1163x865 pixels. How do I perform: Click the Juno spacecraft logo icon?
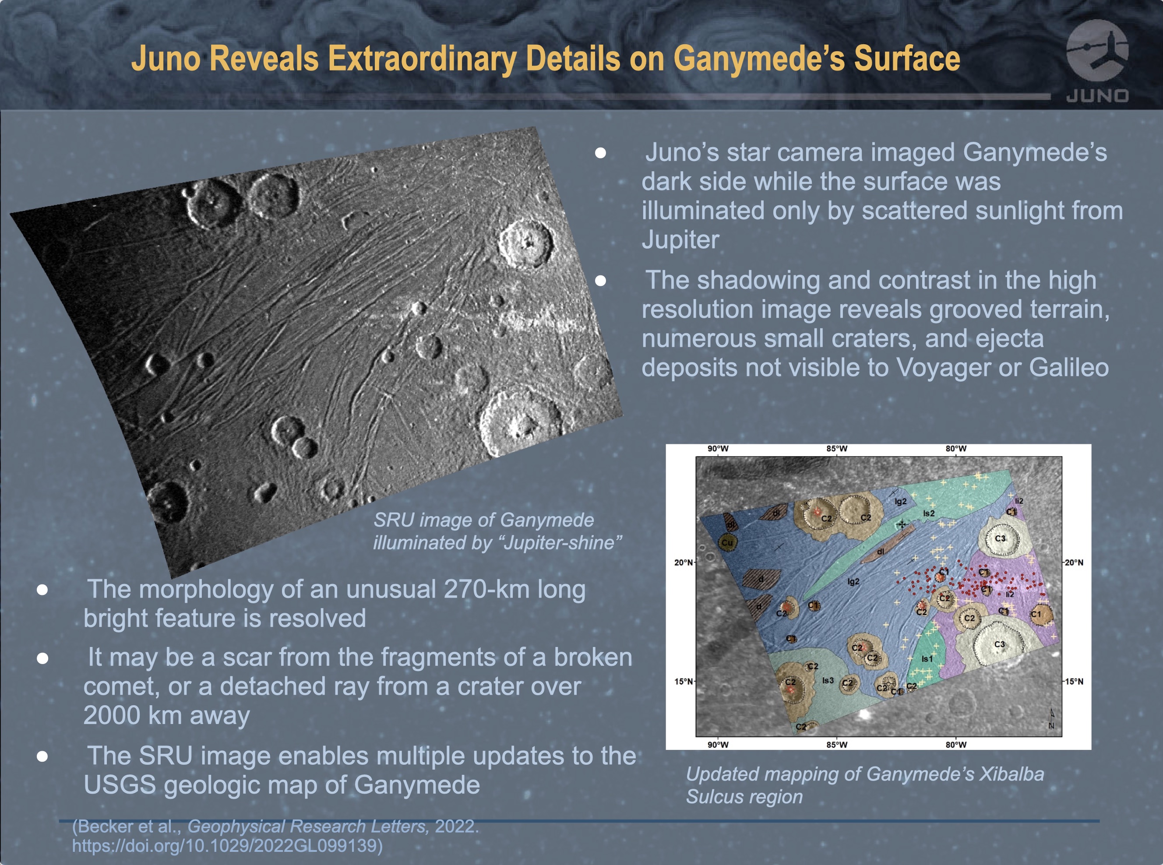1097,53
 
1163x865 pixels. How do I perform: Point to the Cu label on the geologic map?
727,542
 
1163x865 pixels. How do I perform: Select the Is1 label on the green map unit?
927,659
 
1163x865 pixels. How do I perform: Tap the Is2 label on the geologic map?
928,513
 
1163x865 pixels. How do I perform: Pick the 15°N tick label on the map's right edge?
1074,681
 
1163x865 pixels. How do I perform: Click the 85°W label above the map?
837,449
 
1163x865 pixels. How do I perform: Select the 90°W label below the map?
718,745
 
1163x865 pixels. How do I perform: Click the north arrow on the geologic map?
1051,719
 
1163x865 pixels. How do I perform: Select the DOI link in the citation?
227,845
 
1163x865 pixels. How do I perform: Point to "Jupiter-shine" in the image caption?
561,543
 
